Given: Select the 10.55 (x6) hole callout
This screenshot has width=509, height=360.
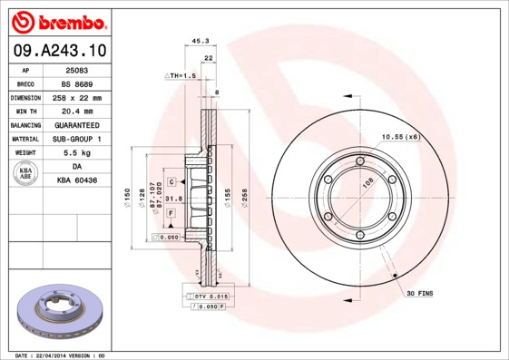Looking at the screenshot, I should [x=400, y=136].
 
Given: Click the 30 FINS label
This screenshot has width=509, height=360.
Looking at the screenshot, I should [x=418, y=294].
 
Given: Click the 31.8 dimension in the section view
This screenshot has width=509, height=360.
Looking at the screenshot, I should [x=174, y=198].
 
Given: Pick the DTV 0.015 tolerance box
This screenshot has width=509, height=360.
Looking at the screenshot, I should [x=210, y=297].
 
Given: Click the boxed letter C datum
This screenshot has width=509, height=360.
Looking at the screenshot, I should [x=171, y=182].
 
